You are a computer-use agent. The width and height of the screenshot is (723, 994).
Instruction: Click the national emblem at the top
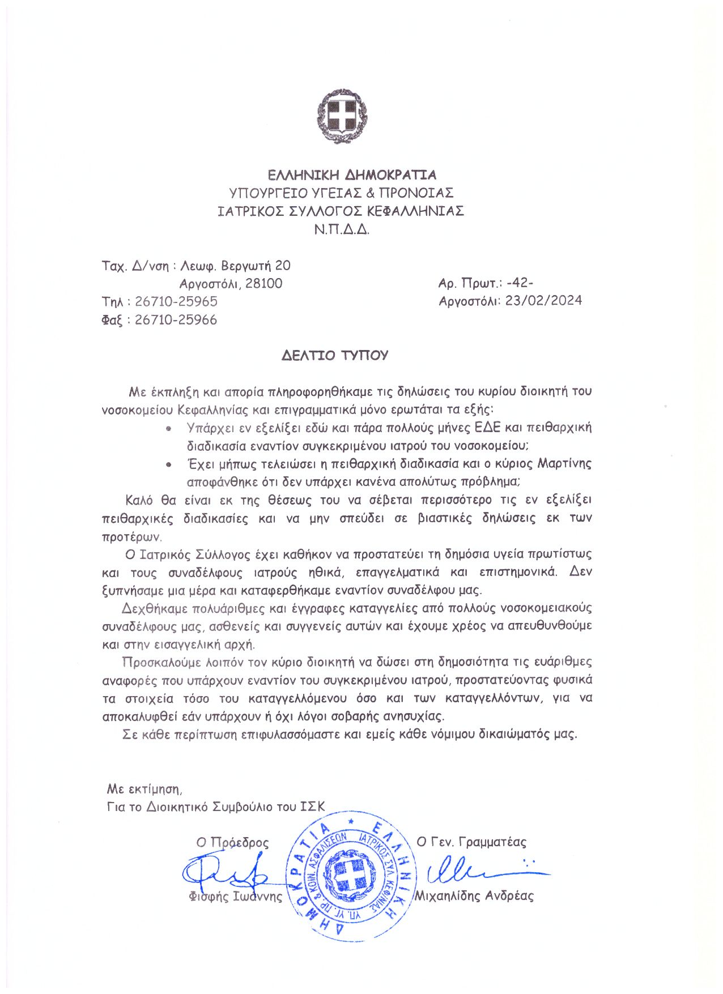pyautogui.click(x=342, y=116)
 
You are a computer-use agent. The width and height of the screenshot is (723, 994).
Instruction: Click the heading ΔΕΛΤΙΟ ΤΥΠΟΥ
pyautogui.click(x=335, y=356)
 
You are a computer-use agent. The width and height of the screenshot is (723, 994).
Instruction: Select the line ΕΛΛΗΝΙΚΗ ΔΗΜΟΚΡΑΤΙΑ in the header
pyautogui.click(x=352, y=174)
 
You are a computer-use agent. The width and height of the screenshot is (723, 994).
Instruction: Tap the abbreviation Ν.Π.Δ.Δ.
pyautogui.click(x=342, y=229)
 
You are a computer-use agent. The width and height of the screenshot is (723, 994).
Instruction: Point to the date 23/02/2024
pyautogui.click(x=543, y=301)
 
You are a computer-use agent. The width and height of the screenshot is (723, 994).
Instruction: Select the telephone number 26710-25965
pyautogui.click(x=176, y=301)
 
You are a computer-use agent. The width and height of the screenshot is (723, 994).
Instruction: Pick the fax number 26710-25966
pyautogui.click(x=176, y=320)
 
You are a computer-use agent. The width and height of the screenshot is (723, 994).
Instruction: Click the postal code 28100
pyautogui.click(x=263, y=283)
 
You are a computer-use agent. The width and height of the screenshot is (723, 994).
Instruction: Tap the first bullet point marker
pyautogui.click(x=168, y=428)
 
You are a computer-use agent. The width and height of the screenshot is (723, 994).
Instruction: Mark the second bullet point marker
pyautogui.click(x=168, y=464)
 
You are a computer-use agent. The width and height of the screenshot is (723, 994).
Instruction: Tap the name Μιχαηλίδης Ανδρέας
pyautogui.click(x=474, y=896)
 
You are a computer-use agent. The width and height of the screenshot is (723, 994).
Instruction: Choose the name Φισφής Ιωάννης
pyautogui.click(x=235, y=897)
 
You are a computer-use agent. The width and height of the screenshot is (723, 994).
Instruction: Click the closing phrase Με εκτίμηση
pyautogui.click(x=144, y=788)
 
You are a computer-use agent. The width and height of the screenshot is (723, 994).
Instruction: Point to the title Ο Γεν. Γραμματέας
pyautogui.click(x=471, y=842)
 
